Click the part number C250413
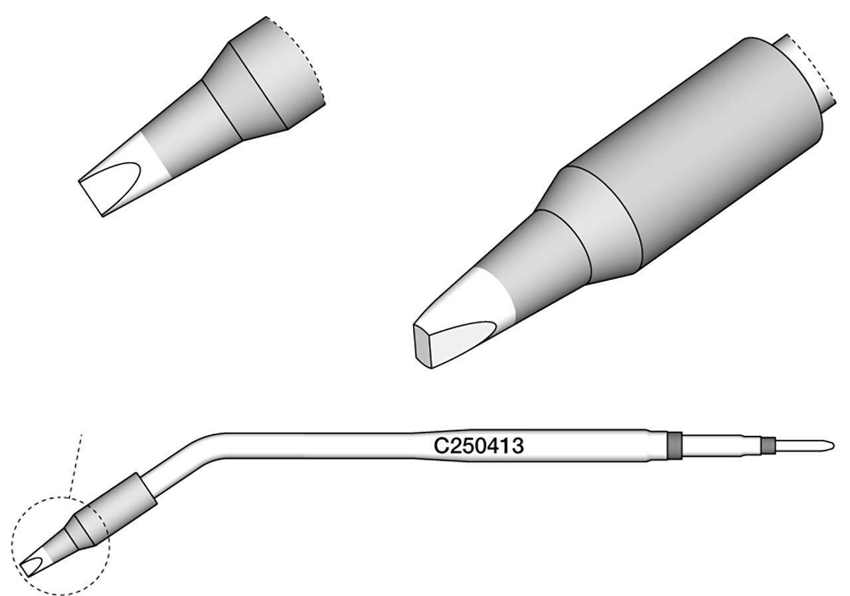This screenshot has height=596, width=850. (x=479, y=446)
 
